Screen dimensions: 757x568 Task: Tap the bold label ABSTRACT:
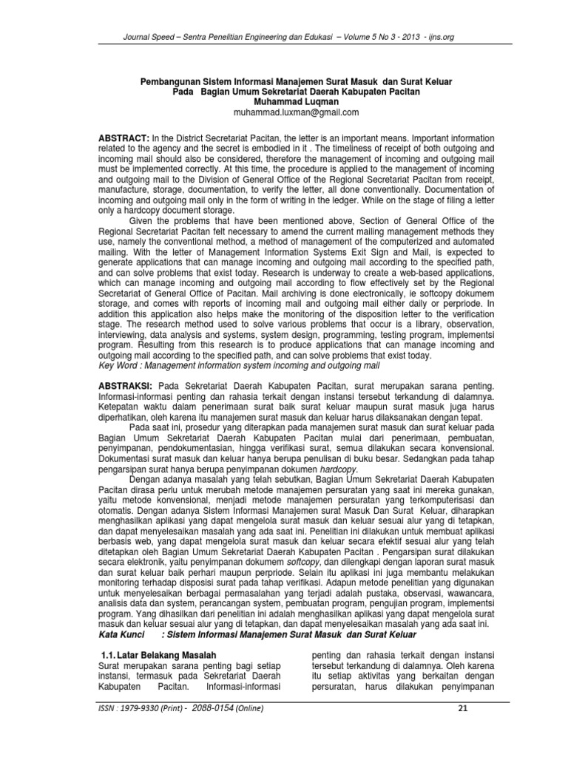coord(124,138)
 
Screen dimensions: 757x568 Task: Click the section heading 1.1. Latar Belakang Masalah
coord(158,655)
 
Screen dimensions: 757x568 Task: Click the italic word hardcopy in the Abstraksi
coord(337,468)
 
